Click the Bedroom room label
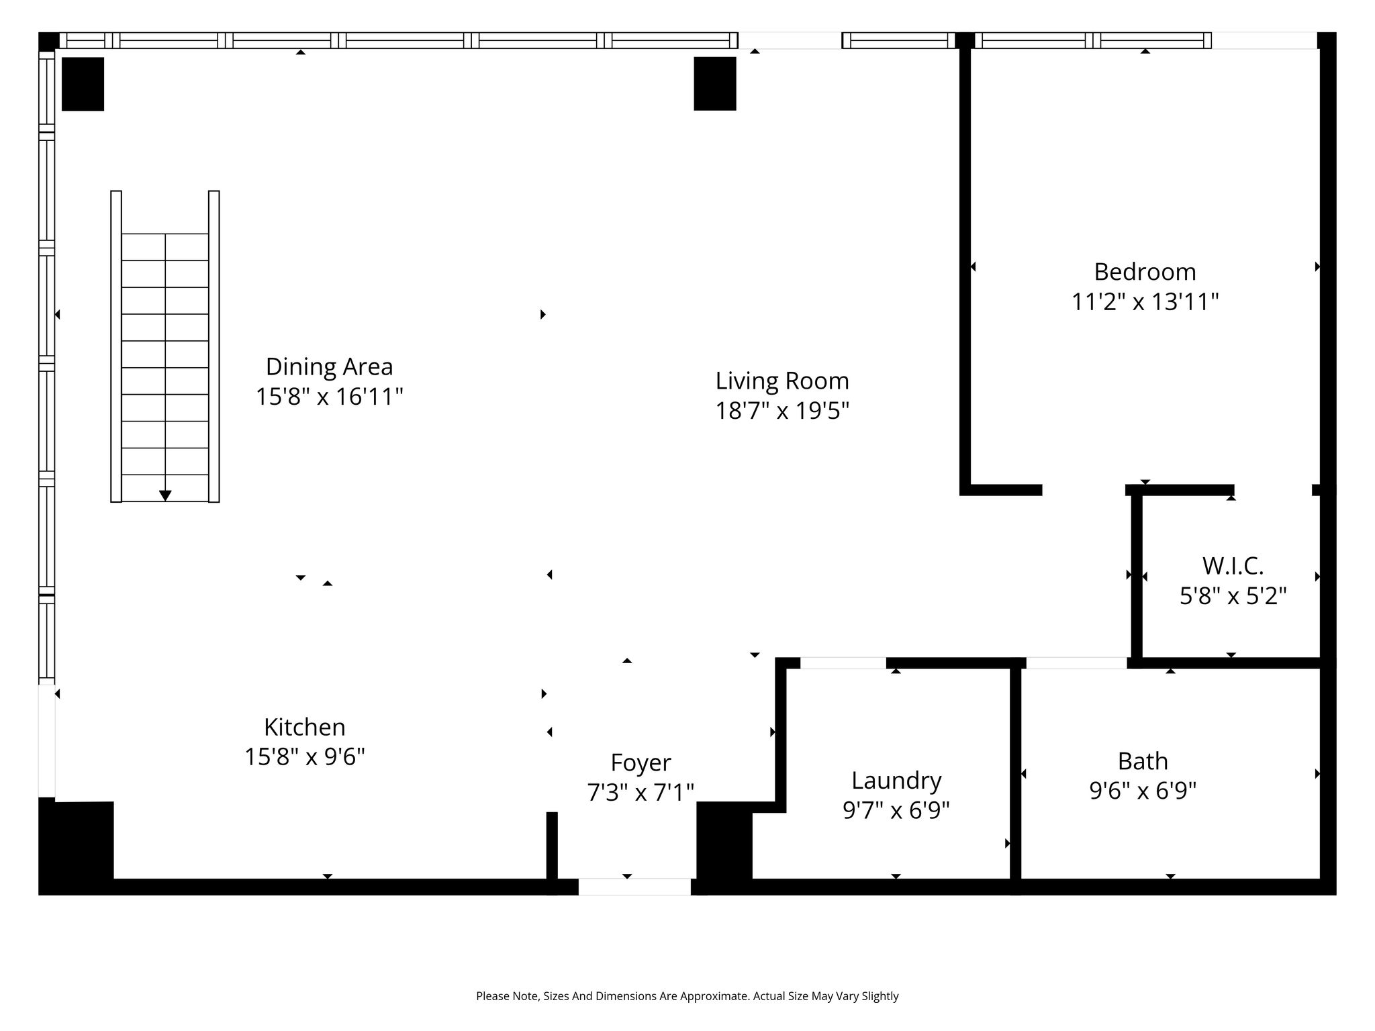[x=1145, y=272]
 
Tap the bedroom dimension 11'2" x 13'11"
[x=1145, y=302]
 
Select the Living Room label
[x=782, y=381]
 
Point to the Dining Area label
[x=329, y=366]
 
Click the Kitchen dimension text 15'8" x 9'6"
[x=305, y=757]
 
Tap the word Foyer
[x=641, y=763]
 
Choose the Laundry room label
[x=896, y=781]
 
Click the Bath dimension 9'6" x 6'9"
[x=1143, y=791]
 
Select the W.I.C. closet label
[x=1233, y=566]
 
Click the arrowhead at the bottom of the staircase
[x=165, y=495]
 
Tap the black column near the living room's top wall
[x=715, y=83]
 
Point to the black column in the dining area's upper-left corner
[x=83, y=83]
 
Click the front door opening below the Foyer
[x=634, y=887]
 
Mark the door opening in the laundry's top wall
[x=843, y=663]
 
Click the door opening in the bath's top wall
[x=1076, y=663]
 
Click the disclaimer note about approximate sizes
[x=687, y=996]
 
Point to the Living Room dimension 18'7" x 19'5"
[x=782, y=411]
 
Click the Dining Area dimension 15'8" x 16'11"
[x=329, y=397]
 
